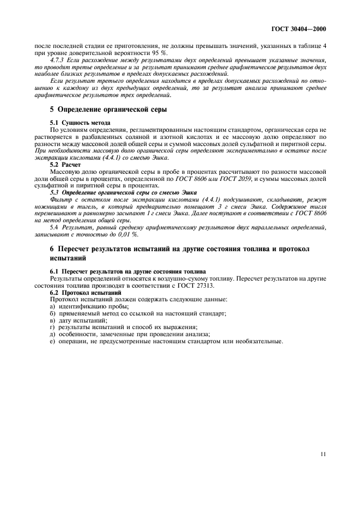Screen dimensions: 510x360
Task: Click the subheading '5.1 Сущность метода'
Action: pos(80,123)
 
